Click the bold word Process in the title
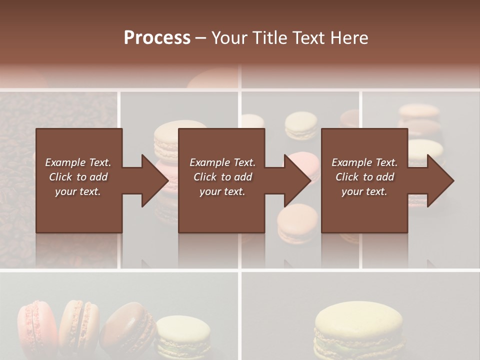(x=157, y=38)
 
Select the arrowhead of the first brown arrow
(x=155, y=180)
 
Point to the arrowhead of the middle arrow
(x=298, y=180)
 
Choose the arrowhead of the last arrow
(x=440, y=180)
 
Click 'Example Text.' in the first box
(x=78, y=162)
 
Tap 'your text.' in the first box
(x=78, y=191)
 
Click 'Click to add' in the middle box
(x=222, y=177)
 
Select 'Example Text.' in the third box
(x=364, y=162)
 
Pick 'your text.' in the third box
(x=364, y=191)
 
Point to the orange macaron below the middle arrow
(x=298, y=220)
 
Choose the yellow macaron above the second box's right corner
(x=300, y=124)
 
